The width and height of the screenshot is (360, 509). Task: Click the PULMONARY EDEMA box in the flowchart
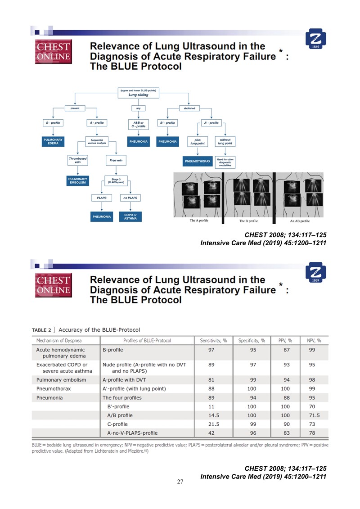point(52,142)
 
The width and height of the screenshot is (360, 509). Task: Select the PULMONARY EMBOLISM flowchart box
point(78,181)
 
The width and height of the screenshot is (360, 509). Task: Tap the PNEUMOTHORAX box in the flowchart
point(197,161)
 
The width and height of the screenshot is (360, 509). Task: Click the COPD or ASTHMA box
point(130,217)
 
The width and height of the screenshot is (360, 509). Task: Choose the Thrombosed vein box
point(78,160)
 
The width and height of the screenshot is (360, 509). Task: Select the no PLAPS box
point(130,198)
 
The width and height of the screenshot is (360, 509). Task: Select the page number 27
point(180,482)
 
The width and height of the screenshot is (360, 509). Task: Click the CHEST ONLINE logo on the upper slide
point(53,51)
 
